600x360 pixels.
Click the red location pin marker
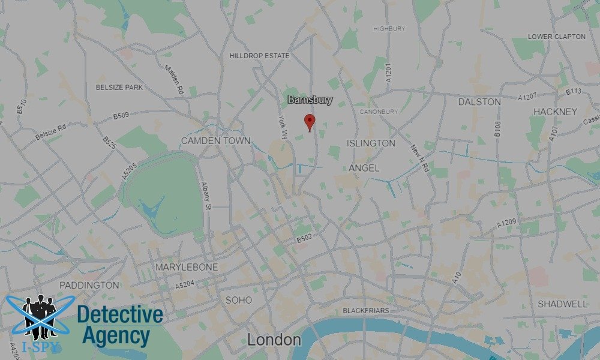tap(310, 121)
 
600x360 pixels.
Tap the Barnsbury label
tap(310, 100)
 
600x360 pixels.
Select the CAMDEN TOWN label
tap(215, 140)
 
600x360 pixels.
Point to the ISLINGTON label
tap(371, 143)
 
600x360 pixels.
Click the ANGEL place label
tap(364, 169)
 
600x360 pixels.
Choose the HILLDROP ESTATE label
tap(259, 56)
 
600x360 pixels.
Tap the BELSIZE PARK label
tap(119, 88)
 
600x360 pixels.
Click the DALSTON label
tap(479, 102)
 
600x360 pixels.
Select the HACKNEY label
tap(555, 112)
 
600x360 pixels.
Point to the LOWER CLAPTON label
tap(556, 37)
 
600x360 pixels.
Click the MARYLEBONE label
tap(187, 266)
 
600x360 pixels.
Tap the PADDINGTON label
tap(89, 286)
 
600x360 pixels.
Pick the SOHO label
tap(238, 300)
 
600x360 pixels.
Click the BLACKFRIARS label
tap(365, 311)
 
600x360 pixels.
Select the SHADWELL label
tap(562, 304)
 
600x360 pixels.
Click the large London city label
tap(274, 340)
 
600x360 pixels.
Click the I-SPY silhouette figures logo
tap(39, 317)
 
